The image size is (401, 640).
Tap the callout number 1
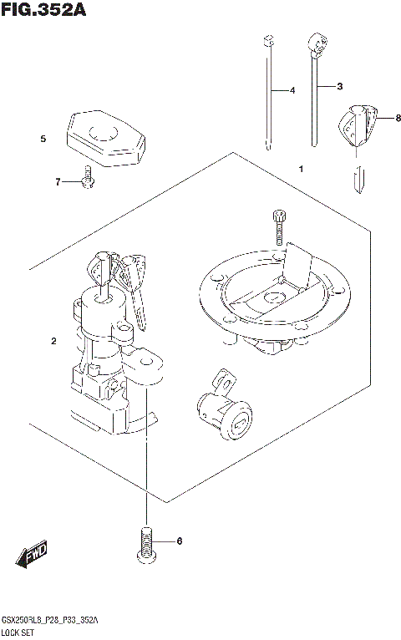pos(300,169)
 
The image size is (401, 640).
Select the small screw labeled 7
pos(86,180)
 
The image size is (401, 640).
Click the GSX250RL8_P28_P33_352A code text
pos(50,621)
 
